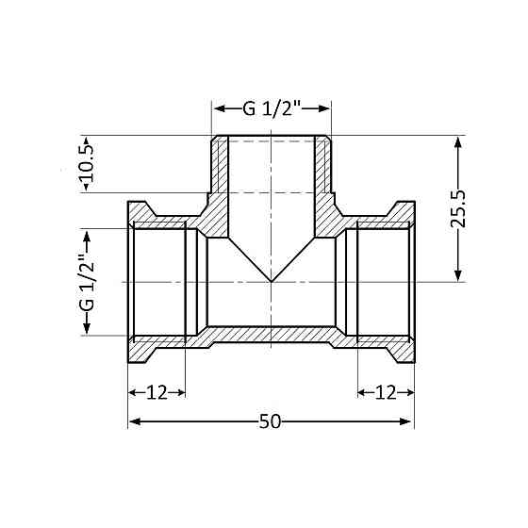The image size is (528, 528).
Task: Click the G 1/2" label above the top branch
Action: pos(272,107)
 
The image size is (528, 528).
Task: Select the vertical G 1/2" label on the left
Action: pos(86,281)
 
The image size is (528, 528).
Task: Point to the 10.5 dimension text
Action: pos(86,165)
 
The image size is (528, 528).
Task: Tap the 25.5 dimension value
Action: pos(458,209)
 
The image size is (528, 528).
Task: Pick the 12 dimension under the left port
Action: pos(157,392)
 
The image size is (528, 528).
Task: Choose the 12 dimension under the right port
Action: pos(386,392)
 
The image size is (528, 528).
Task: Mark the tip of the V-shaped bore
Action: pos(272,281)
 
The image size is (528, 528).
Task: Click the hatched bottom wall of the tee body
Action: pos(272,335)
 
